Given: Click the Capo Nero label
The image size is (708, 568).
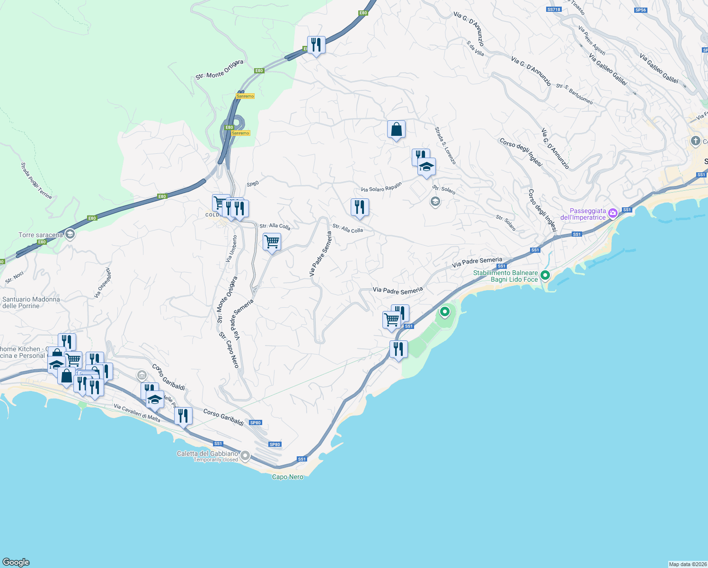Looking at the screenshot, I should click(x=287, y=477).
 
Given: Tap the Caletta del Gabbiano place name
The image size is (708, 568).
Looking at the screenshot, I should click(x=207, y=453).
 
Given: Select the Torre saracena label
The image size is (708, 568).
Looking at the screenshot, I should click(x=40, y=235).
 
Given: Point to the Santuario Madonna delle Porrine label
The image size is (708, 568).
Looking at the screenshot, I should click(x=31, y=302).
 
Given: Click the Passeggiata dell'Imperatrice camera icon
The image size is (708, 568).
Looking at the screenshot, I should click(x=613, y=213).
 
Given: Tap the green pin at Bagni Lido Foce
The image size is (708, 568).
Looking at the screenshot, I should click(x=545, y=275).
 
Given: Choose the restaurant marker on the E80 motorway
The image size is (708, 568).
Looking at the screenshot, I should click(x=316, y=45).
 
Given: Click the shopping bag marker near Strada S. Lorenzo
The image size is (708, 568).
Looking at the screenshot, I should click(x=396, y=129).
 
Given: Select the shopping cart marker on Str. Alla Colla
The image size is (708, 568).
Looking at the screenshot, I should click(x=272, y=242).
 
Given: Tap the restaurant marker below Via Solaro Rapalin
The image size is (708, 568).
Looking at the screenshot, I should click(x=360, y=207).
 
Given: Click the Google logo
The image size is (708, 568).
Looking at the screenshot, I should click(x=16, y=562).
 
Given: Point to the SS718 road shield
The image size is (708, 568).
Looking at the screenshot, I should click(x=553, y=9).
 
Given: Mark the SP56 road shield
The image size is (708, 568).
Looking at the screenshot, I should click(x=640, y=10).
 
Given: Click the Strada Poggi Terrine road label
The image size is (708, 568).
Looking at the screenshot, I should click(x=36, y=180).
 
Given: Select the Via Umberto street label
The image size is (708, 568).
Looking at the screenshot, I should click(x=231, y=249).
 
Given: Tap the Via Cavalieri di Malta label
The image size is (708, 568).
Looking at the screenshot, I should click(x=137, y=413).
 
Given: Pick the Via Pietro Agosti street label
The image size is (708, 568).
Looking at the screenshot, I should click(x=592, y=41).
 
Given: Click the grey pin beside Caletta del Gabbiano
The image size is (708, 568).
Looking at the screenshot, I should click(x=245, y=456).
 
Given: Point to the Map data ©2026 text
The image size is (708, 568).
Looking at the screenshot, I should click(x=688, y=564).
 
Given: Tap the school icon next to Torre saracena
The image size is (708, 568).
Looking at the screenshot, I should click(x=70, y=234).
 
